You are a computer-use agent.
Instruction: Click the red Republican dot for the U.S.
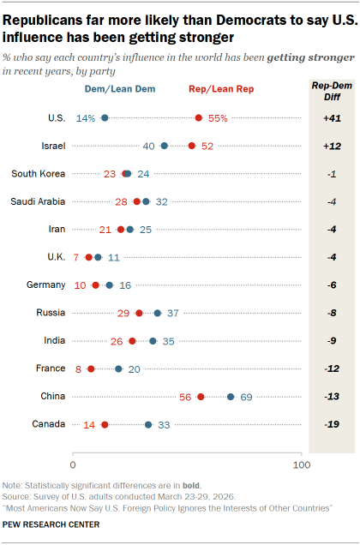coord(199,117)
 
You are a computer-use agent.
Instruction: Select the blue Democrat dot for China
coord(231,397)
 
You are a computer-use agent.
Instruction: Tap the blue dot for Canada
coord(148,424)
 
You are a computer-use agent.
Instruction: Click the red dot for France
coord(91,368)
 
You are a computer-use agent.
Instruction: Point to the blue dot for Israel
coord(165,146)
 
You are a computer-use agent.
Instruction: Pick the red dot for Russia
coord(139,313)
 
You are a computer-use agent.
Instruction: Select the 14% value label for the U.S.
coord(85,117)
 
